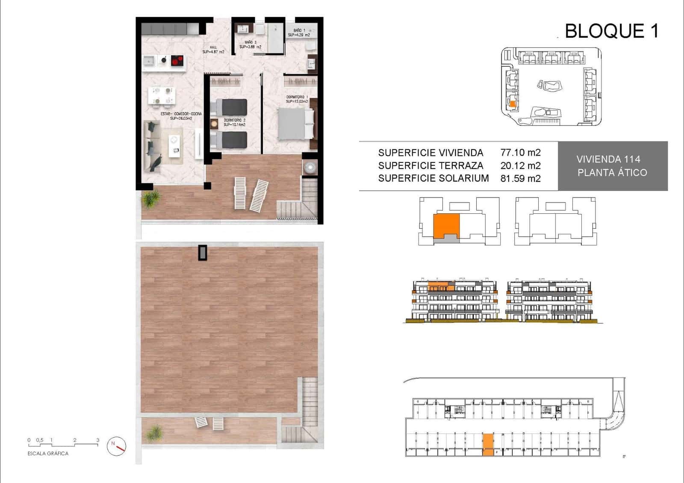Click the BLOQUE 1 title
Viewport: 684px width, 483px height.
611,31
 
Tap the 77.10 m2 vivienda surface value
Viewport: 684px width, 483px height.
520,153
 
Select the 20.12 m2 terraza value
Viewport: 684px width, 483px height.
520,165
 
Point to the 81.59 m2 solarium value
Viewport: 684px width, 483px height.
520,178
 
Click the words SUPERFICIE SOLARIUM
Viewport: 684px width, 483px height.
433,178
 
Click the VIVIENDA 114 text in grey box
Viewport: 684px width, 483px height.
608,159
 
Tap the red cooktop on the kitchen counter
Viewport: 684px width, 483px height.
177,61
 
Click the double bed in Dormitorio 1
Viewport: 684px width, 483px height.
295,124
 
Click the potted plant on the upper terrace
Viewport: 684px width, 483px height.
150,199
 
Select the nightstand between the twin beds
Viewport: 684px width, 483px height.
214,124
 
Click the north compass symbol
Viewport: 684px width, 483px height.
117,446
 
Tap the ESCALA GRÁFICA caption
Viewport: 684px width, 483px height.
48,454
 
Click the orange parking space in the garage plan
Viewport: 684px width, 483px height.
488,445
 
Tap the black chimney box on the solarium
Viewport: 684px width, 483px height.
202,253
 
